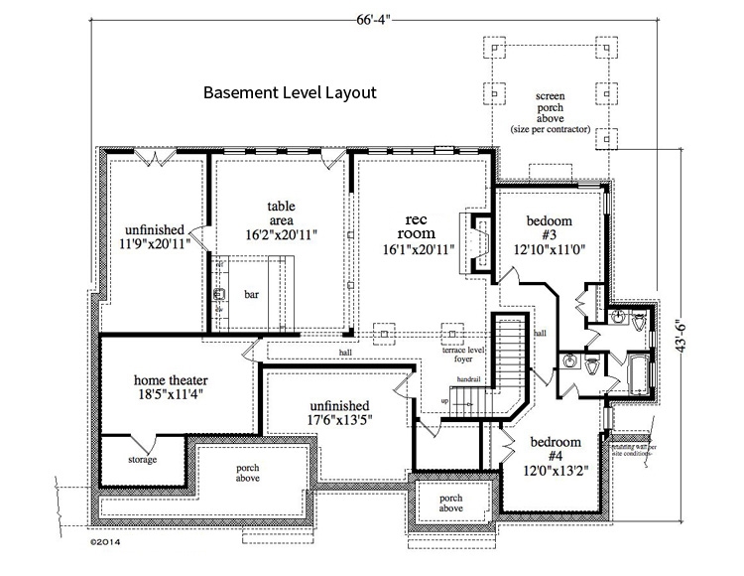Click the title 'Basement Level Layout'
point(290,94)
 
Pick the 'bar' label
point(251,294)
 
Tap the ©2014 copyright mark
point(105,543)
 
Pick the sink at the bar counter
point(219,294)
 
